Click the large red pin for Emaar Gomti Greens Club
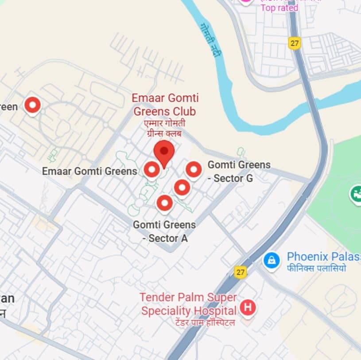pyautogui.click(x=164, y=152)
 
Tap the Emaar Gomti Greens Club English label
pyautogui.click(x=165, y=105)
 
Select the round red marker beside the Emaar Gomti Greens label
pyautogui.click(x=152, y=169)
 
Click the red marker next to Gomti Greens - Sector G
pyautogui.click(x=194, y=169)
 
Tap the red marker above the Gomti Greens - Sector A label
pyautogui.click(x=165, y=203)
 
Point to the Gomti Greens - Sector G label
pyautogui.click(x=239, y=172)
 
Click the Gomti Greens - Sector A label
pyautogui.click(x=164, y=231)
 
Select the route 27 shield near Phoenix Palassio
pyautogui.click(x=241, y=272)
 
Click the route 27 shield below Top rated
pyautogui.click(x=295, y=43)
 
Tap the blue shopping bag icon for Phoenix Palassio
pyautogui.click(x=271, y=259)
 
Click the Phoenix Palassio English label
pyautogui.click(x=323, y=257)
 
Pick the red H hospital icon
pyautogui.click(x=248, y=307)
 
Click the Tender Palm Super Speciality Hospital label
pyautogui.click(x=188, y=304)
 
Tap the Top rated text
pyautogui.click(x=279, y=8)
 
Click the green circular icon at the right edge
pyautogui.click(x=356, y=194)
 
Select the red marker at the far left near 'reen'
pyautogui.click(x=32, y=105)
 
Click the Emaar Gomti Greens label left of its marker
pyautogui.click(x=89, y=171)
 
